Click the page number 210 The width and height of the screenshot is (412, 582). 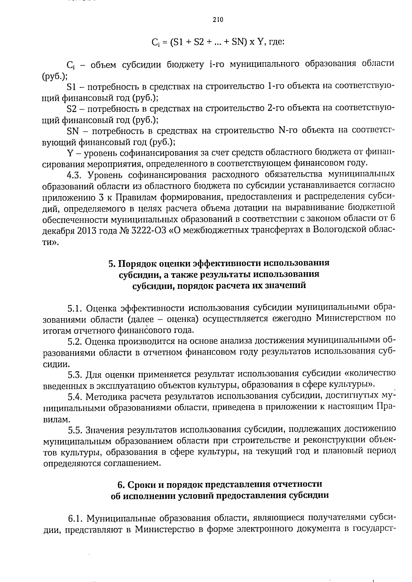(x=218, y=20)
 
